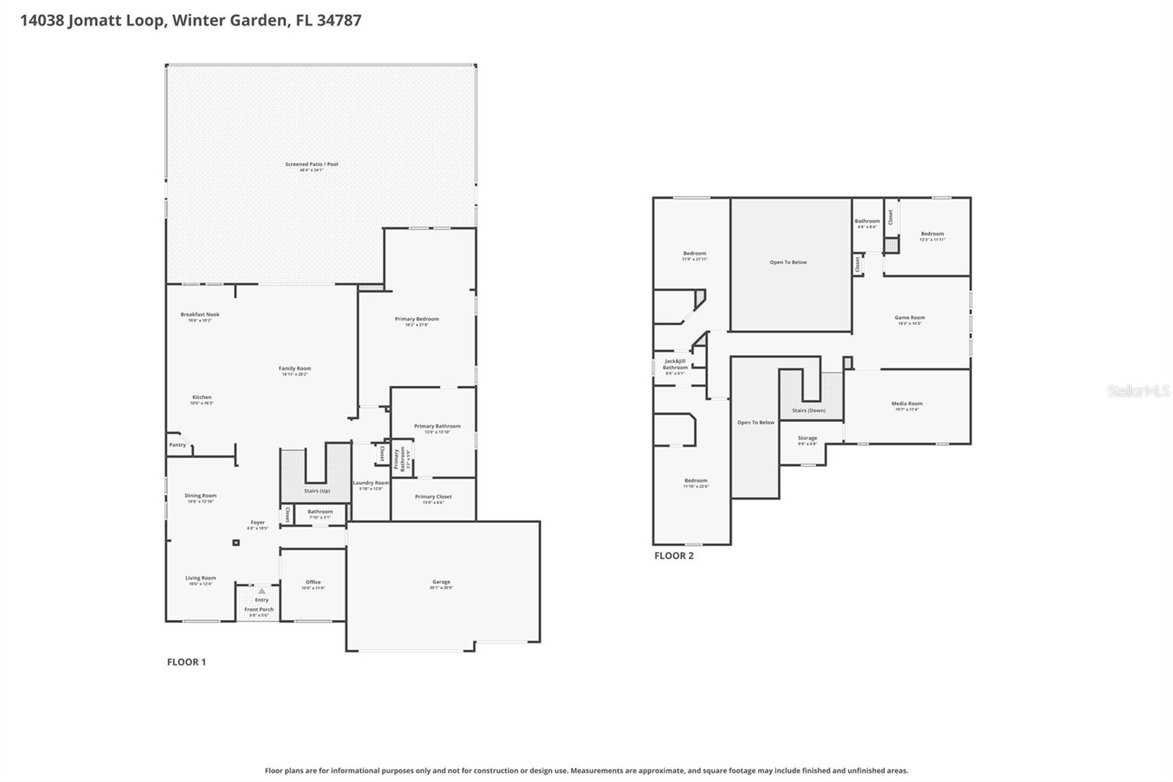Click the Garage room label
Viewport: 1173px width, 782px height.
click(441, 582)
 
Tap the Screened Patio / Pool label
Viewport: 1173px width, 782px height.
click(312, 164)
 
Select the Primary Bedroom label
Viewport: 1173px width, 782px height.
click(416, 319)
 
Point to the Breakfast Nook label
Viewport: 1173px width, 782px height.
click(200, 315)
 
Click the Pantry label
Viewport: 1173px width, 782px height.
click(177, 445)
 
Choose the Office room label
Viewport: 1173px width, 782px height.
click(313, 582)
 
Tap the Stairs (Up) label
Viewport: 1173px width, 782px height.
click(317, 491)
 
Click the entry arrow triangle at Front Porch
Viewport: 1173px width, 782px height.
click(262, 591)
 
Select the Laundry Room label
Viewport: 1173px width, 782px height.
click(371, 483)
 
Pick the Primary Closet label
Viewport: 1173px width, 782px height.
click(433, 497)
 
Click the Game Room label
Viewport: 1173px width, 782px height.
click(909, 318)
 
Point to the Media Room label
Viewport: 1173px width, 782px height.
click(907, 403)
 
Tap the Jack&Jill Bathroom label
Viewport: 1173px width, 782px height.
click(675, 364)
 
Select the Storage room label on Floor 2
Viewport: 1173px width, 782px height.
click(807, 438)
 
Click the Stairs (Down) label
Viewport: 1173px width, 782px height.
click(809, 410)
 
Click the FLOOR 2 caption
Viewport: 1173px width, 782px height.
click(674, 555)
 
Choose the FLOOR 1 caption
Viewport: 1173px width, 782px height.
click(186, 662)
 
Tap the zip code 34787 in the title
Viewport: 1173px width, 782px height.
click(339, 20)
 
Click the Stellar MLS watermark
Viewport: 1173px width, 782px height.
click(1138, 391)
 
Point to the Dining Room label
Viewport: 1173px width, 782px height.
click(200, 496)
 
